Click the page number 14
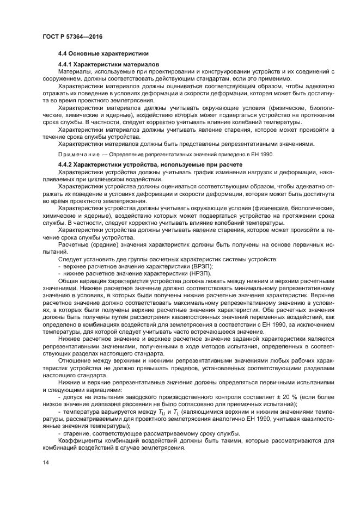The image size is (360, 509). [x=45, y=462]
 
